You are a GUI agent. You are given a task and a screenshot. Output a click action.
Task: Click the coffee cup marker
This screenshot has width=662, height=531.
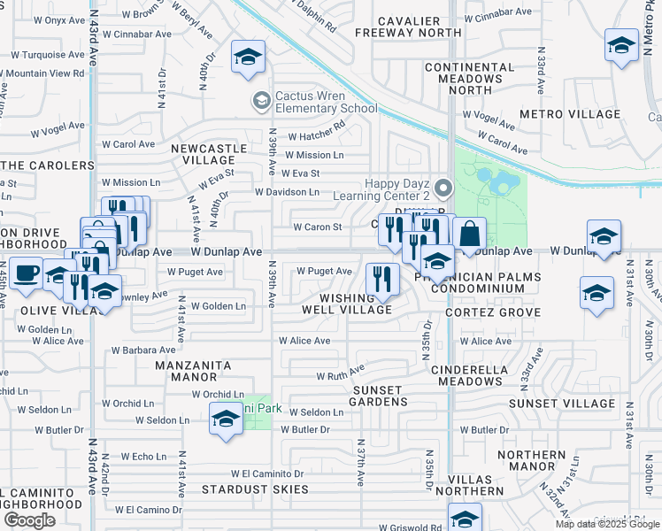27,271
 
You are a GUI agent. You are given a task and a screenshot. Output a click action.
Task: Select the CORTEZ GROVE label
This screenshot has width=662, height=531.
492,312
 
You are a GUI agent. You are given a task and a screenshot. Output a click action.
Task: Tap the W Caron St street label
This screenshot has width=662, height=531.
317,227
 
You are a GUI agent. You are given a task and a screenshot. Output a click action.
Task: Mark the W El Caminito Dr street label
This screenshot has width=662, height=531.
267,473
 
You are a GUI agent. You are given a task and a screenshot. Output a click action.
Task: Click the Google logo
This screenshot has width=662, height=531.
29,519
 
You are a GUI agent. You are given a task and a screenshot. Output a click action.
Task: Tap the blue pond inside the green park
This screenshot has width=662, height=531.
496,183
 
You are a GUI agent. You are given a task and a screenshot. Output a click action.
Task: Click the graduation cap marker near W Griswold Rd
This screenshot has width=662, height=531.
465,518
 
